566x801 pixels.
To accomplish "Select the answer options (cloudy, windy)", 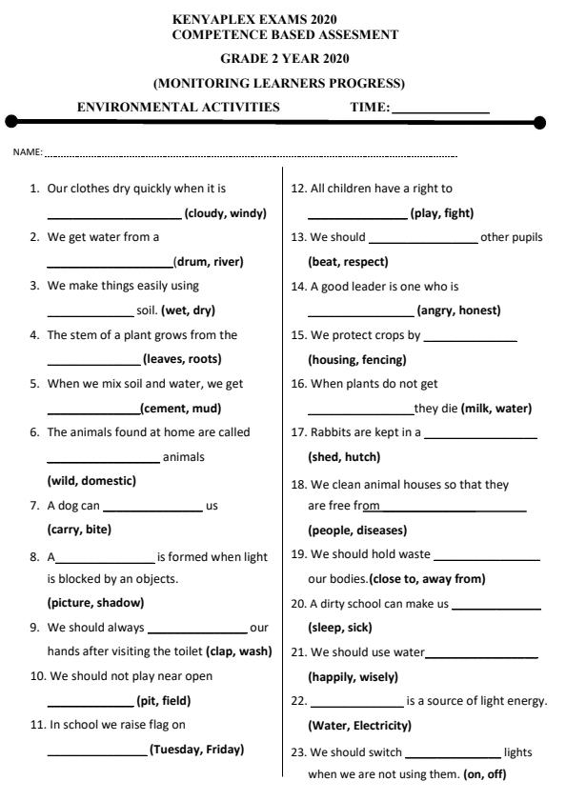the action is (225, 213).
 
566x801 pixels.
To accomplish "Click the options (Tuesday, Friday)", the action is (196, 750).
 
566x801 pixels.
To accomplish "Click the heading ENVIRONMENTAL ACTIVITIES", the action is (178, 107).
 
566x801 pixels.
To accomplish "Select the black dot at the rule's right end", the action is (540, 122).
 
